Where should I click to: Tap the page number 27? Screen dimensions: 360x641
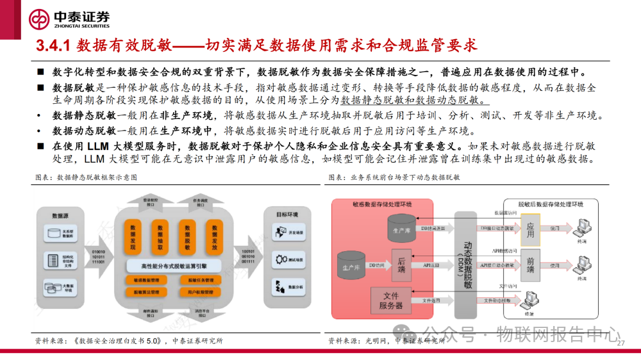click(620, 344)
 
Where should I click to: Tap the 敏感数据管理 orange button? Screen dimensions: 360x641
click(146, 280)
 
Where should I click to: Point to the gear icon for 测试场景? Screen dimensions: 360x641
click(280, 259)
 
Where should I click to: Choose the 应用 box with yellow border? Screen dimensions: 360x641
click(530, 230)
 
